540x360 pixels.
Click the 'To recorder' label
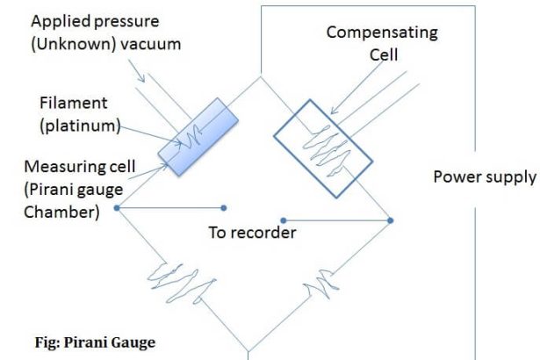[252, 233]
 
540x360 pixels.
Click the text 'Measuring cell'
[76, 165]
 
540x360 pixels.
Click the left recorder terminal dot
[226, 208]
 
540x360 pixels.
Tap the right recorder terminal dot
[282, 220]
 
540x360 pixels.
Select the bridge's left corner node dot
[116, 208]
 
